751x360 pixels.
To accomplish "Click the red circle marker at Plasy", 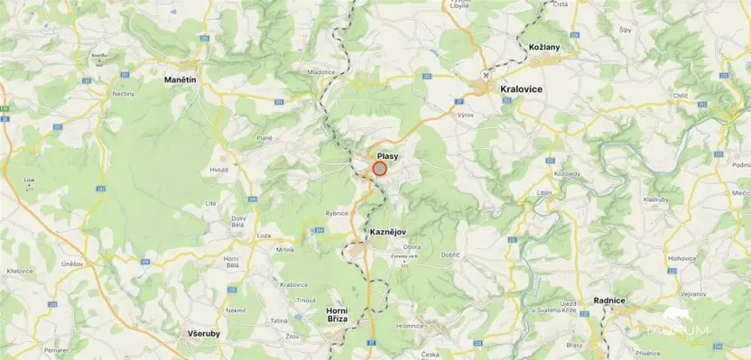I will [379, 168].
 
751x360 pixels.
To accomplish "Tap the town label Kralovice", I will [521, 89].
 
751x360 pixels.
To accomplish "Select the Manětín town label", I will [180, 80].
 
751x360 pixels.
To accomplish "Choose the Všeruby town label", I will [203, 333].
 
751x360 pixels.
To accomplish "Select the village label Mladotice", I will [320, 71].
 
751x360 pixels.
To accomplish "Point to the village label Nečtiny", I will [123, 93].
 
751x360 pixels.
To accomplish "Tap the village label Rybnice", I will [337, 213].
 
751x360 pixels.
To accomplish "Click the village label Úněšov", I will [72, 263].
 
